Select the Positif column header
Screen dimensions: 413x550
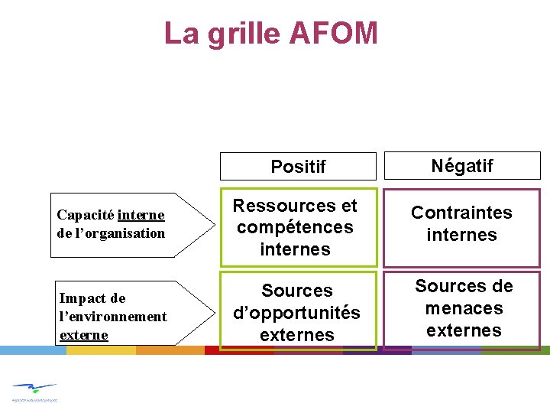[x=298, y=167]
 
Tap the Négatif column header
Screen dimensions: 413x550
[x=462, y=165]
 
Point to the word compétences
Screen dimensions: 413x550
[x=295, y=227]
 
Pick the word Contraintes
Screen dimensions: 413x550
[x=461, y=213]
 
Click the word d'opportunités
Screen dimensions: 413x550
[x=296, y=313]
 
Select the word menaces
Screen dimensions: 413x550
[x=464, y=308]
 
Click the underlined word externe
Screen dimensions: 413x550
[x=83, y=335]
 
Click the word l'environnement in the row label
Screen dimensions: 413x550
[x=113, y=317]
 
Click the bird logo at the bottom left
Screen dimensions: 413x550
[x=35, y=389]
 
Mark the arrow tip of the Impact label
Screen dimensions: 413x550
[x=214, y=313]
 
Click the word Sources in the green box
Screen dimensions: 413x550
[x=297, y=291]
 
